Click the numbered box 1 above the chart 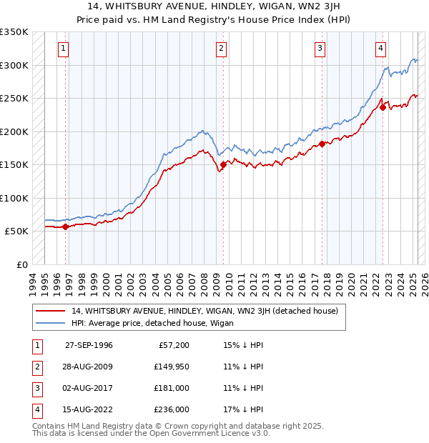(x=64, y=49)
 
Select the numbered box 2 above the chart (x=222, y=49)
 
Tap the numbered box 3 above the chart (x=320, y=49)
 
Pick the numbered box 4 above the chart (x=381, y=49)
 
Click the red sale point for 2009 (x=223, y=164)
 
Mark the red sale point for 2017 (x=322, y=144)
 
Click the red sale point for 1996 (x=66, y=227)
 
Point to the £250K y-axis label (x=14, y=98)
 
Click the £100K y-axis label (x=14, y=198)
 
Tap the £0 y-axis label (x=21, y=264)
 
